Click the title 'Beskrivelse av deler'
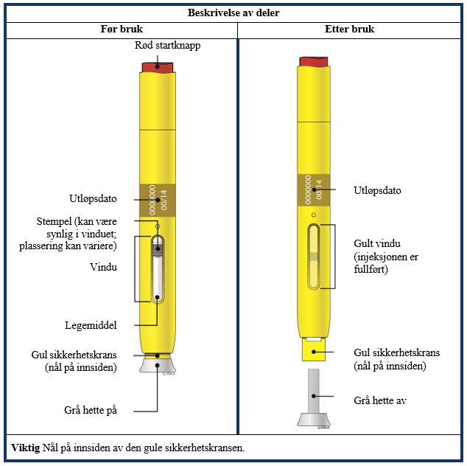click(233, 13)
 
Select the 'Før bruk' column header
click(122, 29)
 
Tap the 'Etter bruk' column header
click(349, 29)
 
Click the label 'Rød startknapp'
click(167, 45)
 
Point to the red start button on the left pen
click(157, 67)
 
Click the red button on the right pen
click(314, 61)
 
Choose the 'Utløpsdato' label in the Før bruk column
click(93, 198)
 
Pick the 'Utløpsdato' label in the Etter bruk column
click(377, 190)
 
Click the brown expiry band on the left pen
click(158, 201)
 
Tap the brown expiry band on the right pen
click(314, 190)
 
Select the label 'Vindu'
click(103, 267)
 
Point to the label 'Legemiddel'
click(91, 325)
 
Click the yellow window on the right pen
click(313, 257)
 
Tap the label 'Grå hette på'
click(91, 410)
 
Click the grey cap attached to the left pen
click(158, 366)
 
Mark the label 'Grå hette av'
click(380, 400)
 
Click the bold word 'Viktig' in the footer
click(26, 448)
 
